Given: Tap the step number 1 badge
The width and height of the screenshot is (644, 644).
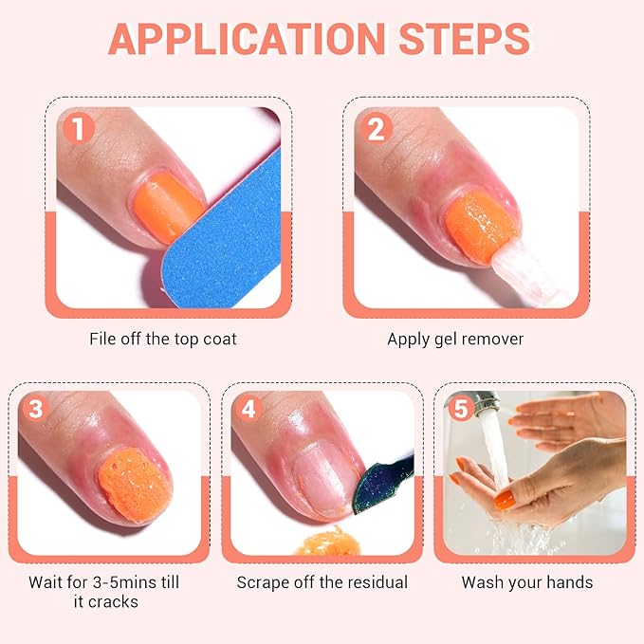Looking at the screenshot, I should coord(79,126).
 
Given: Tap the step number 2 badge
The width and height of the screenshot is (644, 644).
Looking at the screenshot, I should coord(376,126).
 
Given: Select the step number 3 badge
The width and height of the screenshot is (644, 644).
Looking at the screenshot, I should coord(36,409).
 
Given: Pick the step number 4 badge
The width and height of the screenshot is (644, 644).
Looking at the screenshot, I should coord(249,409).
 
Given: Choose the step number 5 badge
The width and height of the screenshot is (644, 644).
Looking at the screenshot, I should coord(462,409).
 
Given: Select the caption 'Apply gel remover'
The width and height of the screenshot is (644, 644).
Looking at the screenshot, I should coord(455,339).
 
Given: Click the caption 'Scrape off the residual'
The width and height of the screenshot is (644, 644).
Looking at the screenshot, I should coord(322,582).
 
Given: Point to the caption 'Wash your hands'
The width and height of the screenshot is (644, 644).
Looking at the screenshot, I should coord(527,582).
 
